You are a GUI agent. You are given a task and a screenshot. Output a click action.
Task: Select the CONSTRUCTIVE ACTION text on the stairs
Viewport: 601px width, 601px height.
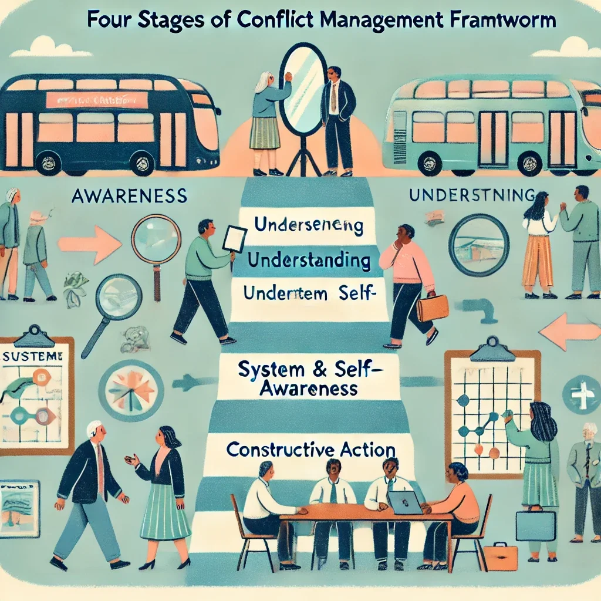[x=310, y=450]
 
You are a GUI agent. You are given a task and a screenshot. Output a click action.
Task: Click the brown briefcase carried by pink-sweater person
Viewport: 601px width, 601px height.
[x=432, y=308]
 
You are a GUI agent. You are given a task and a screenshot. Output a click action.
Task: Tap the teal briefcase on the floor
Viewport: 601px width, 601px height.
[x=535, y=525]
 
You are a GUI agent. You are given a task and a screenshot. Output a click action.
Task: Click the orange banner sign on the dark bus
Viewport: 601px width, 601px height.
[x=97, y=100]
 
